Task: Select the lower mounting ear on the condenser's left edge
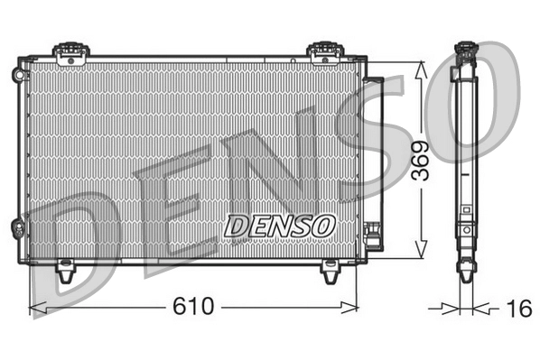(18, 227)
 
